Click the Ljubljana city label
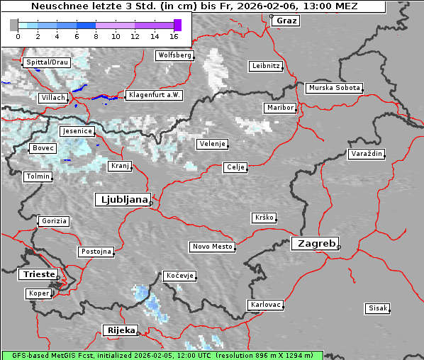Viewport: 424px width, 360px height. coord(121,199)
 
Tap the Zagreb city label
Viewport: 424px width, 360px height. coord(313,243)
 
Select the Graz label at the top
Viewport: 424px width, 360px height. coord(286,21)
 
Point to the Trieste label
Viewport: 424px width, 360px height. coord(38,274)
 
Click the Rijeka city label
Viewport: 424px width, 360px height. coord(121,330)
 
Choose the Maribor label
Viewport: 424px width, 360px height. coord(279,108)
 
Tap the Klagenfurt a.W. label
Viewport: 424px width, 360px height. coord(154,95)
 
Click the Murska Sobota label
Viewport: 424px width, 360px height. coord(334,88)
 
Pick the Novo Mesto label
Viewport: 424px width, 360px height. coord(211,247)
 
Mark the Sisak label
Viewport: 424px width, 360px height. coord(376,308)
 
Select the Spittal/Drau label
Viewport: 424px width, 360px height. coord(46,62)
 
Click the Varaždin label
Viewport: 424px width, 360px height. coord(366,154)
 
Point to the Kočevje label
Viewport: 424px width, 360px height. coord(179,276)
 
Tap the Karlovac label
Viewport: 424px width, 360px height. coord(265,305)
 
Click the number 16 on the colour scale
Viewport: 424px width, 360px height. coord(174,35)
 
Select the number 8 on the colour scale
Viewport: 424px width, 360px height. coord(96,35)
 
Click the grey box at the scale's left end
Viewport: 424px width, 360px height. coord(14,25)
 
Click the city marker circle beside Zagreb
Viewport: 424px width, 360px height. coord(339,247)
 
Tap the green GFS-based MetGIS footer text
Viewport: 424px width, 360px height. coord(162,355)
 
